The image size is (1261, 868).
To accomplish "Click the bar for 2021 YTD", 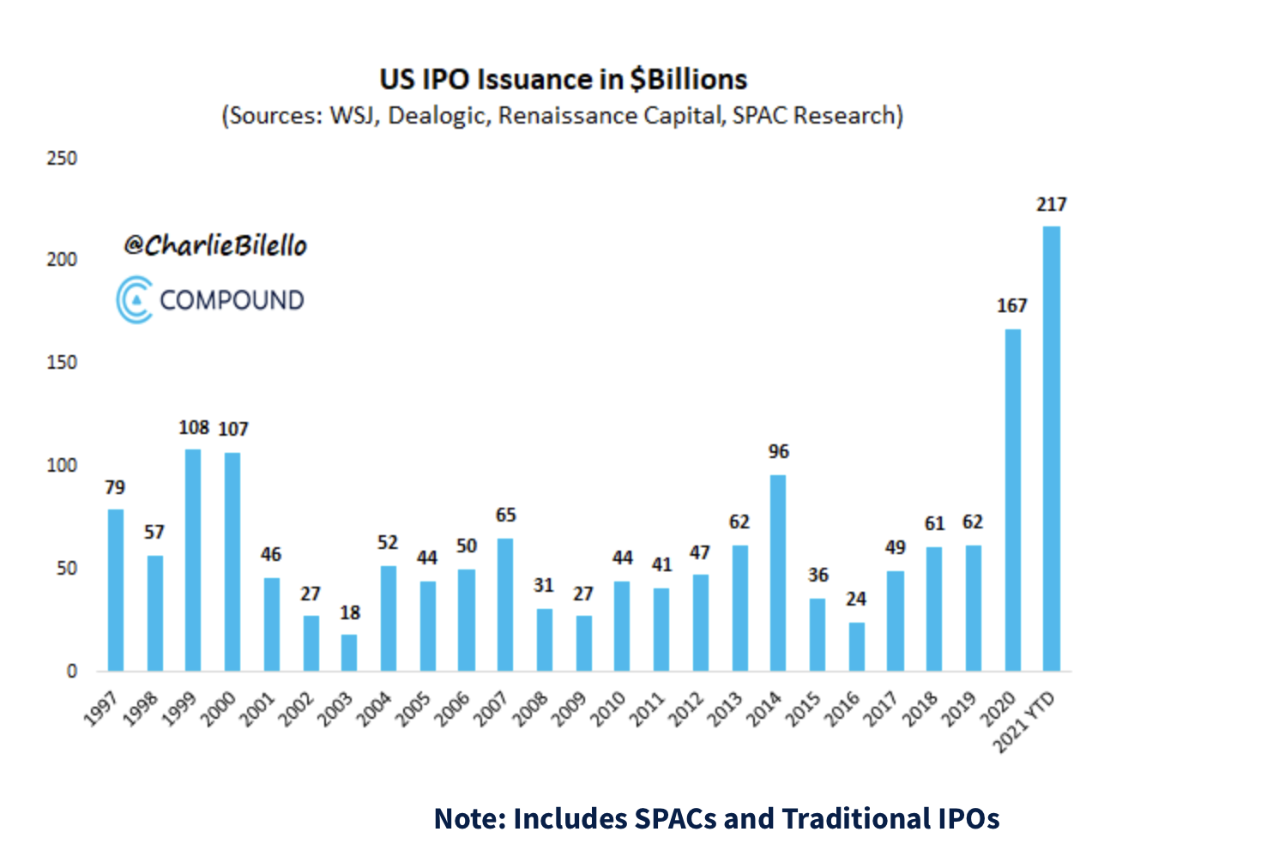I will point(1051,449).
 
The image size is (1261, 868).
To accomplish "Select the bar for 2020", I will point(1012,500).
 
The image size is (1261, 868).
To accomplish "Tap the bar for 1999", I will point(193,560).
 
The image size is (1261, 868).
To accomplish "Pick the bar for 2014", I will point(778,573).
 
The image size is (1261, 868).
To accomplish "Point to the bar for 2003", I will point(349,653).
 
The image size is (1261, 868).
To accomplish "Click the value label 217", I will point(1051,205).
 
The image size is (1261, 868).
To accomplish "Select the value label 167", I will point(1012,306).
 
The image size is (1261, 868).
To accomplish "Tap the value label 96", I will point(778,452).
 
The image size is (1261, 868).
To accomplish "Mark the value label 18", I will point(350,613).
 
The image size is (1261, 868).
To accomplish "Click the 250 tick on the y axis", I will point(62,159).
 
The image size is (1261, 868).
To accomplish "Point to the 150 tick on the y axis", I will point(62,363).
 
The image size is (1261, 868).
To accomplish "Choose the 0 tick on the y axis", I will point(72,672).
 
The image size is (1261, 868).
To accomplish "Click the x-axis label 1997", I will point(101,711).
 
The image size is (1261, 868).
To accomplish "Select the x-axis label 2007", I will point(492,711).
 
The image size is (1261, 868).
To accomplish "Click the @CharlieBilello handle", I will point(215,246).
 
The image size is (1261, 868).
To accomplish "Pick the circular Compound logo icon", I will point(135,300).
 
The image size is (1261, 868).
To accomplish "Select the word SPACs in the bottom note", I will point(675,819).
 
